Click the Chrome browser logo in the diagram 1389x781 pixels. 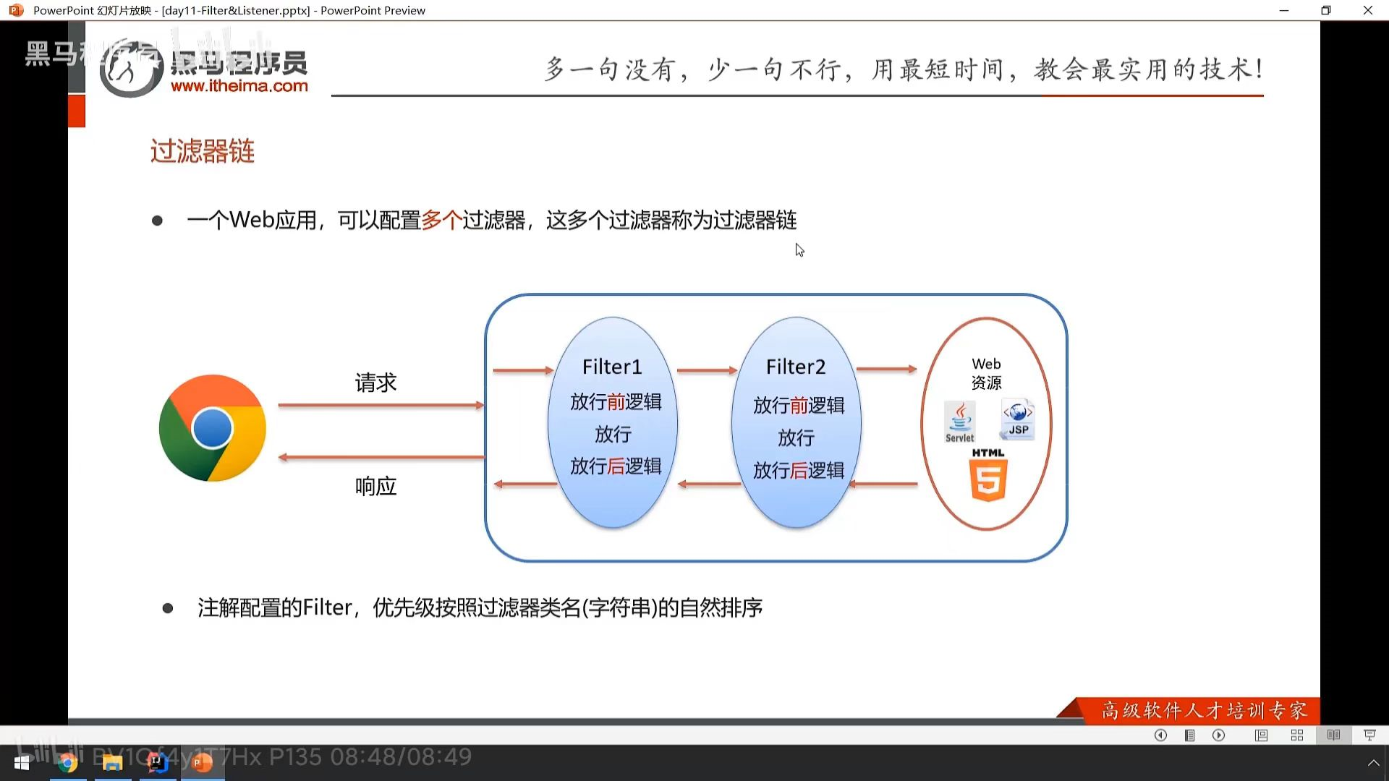213,428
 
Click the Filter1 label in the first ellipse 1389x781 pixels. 612,367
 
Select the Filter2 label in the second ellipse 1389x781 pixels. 796,367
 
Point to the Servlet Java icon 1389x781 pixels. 960,422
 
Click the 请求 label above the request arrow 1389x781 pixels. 375,383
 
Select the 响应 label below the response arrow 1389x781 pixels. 375,486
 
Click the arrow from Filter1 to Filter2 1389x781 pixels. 707,370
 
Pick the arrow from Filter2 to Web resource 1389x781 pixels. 886,369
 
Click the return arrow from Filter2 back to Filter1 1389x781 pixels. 709,484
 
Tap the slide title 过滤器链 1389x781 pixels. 203,152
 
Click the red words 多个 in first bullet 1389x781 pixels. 441,220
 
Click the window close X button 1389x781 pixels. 1367,10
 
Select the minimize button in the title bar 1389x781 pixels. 1284,10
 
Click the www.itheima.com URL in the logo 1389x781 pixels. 239,86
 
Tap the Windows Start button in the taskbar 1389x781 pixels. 22,763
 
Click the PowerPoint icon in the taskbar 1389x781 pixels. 203,763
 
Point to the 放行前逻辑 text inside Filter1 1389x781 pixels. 616,402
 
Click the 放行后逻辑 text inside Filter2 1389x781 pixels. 799,471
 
